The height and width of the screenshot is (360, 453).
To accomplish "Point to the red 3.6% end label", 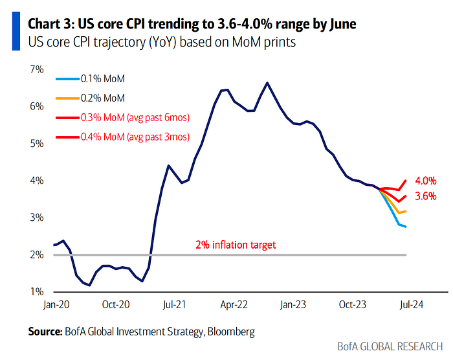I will coord(425,196).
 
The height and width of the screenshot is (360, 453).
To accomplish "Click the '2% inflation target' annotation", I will coord(236,245).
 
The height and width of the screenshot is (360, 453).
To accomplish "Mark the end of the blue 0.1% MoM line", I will coord(406,226).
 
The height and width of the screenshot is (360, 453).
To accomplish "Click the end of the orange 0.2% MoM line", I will coord(406,211).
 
